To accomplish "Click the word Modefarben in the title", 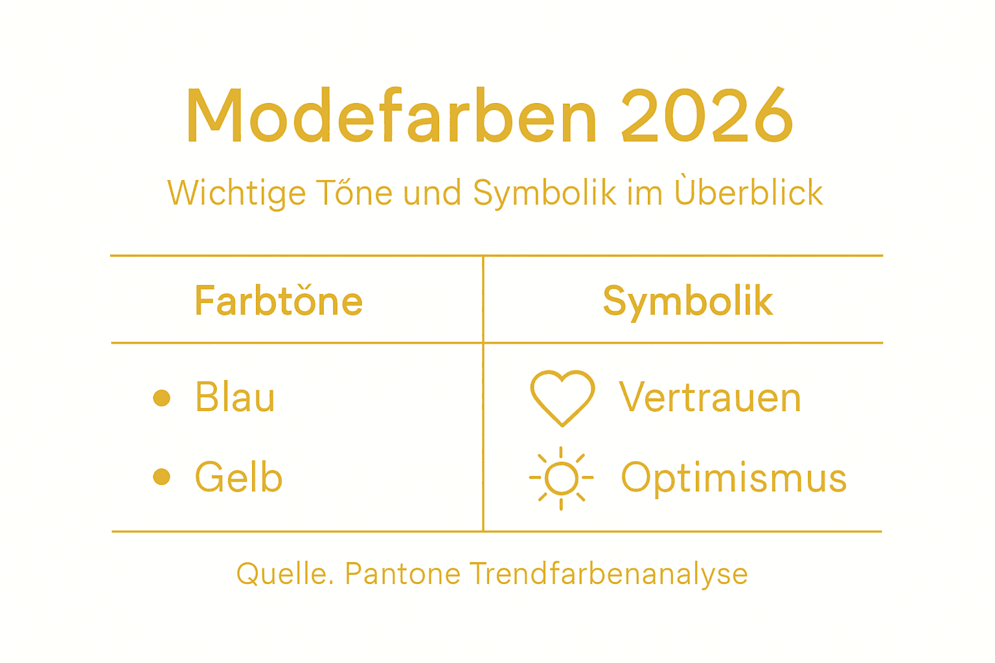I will tap(391, 117).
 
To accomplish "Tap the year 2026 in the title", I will tap(707, 117).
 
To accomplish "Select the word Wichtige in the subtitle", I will tap(236, 193).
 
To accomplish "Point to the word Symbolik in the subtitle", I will tap(545, 193).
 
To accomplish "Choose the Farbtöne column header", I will tap(279, 300).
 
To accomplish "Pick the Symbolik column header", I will tap(688, 300).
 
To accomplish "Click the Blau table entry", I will tap(235, 397).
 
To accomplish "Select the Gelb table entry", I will tap(239, 478).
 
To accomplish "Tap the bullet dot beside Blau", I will tap(162, 398).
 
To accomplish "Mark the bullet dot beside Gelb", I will tap(162, 477).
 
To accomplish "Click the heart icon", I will tap(562, 397).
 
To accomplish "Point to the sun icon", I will tap(561, 478).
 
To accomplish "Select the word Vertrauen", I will tap(710, 397).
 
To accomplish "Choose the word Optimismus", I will tap(734, 478).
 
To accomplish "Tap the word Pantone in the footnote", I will tap(402, 574).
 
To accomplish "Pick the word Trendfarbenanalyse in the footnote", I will tap(608, 574).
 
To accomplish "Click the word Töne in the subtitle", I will tap(354, 193).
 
